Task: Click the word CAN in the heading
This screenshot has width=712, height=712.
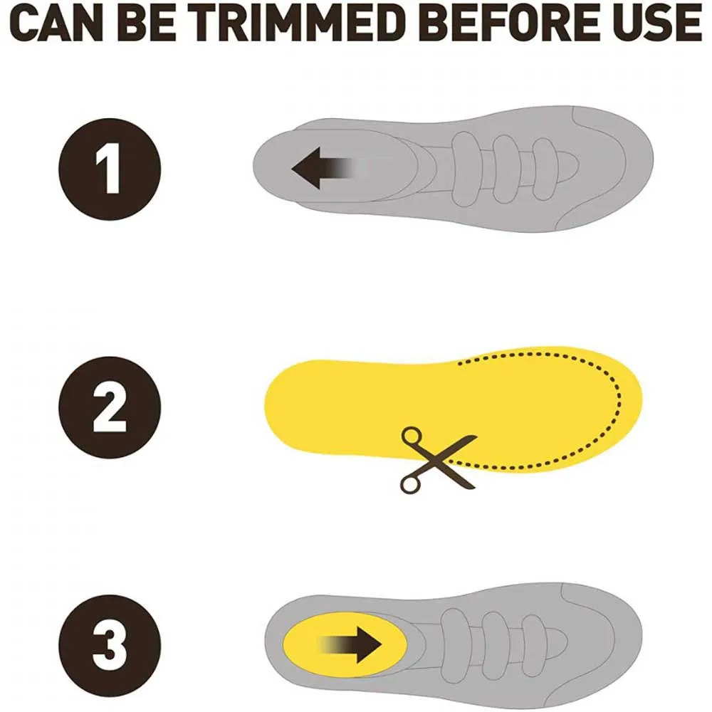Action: coord(57,23)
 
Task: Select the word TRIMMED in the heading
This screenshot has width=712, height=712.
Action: coord(300,23)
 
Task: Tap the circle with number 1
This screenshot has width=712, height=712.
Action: coord(110,169)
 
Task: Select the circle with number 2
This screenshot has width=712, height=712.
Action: coord(110,407)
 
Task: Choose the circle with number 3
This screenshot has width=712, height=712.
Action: coord(110,645)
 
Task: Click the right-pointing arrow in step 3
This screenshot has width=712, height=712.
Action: coord(350,645)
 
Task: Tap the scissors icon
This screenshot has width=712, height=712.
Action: coord(439,459)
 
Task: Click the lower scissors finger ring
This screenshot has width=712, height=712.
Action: coord(409,484)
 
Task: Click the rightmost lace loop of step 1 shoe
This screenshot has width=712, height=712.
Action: coord(544,169)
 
